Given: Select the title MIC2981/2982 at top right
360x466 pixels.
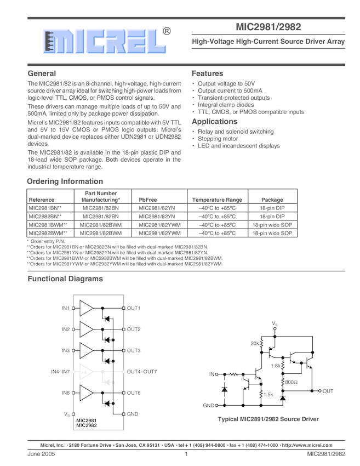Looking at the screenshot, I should point(268,26).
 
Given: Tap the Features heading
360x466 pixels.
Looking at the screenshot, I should point(207,73).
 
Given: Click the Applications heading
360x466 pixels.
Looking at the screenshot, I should point(214,121).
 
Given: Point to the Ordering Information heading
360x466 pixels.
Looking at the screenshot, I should point(65,181).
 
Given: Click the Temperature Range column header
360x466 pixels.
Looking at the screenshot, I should point(216,200).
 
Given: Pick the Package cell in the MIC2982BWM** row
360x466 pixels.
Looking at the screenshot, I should point(272,233).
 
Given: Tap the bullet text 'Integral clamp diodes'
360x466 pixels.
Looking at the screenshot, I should point(226,105).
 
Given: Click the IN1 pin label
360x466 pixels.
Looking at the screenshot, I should point(66,309).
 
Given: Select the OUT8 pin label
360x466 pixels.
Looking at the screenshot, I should point(134,393).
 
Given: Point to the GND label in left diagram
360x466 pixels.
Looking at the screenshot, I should point(133,414).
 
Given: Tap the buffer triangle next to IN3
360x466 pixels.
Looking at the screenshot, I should point(87,350).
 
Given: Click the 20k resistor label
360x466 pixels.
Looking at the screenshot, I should point(255,343).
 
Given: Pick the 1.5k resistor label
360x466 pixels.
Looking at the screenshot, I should point(268,395).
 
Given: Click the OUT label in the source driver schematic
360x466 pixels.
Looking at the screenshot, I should point(328,391).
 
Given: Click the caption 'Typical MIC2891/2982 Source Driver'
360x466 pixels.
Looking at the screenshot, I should point(268,419).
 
